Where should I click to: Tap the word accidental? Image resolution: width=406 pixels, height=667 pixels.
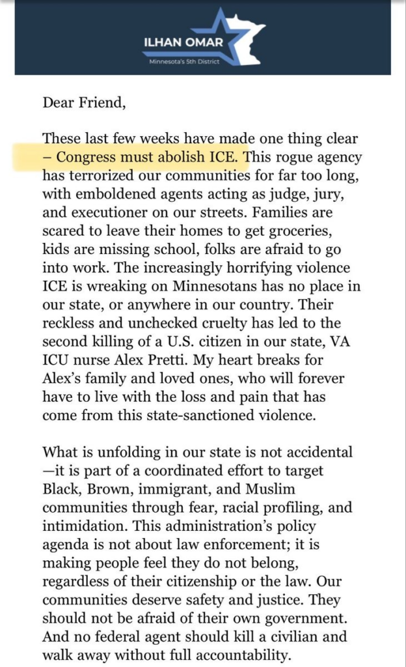(x=315, y=452)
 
